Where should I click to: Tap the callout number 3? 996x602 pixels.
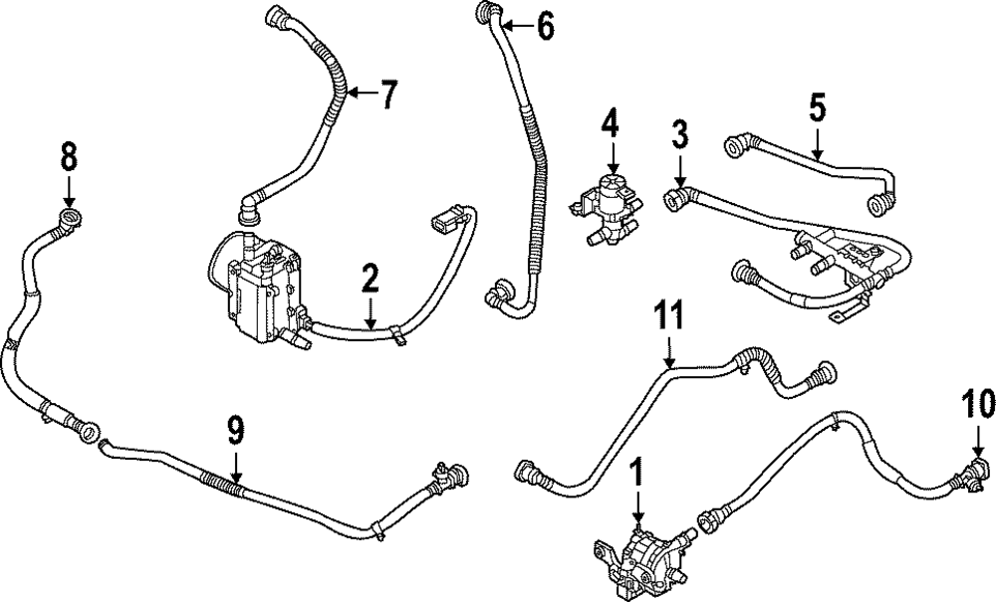[x=679, y=133]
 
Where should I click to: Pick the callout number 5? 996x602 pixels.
[x=817, y=107]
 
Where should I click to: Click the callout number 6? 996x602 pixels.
[x=545, y=26]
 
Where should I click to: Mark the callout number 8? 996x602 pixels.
[x=68, y=155]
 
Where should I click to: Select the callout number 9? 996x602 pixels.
[x=235, y=431]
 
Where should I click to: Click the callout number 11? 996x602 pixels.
[x=669, y=317]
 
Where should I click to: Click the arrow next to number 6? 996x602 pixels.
[x=514, y=25]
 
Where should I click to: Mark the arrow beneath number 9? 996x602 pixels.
[x=235, y=466]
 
